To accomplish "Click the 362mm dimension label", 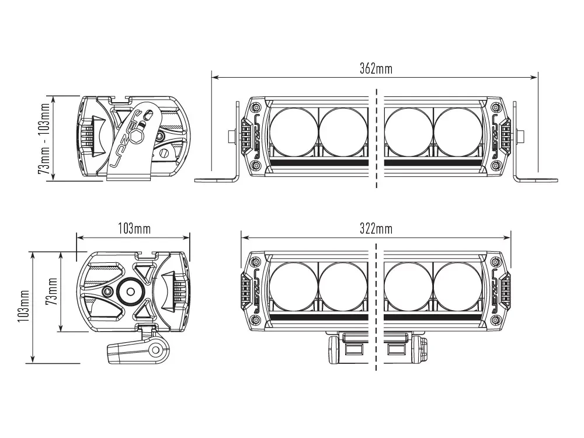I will pyautogui.click(x=376, y=69).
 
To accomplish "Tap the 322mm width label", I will pyautogui.click(x=376, y=228).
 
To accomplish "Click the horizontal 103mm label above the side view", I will pyautogui.click(x=134, y=228).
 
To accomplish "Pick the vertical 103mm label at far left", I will pyautogui.click(x=24, y=308).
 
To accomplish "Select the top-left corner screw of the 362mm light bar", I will pyautogui.click(x=255, y=107).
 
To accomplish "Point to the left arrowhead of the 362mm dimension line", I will pyautogui.click(x=214, y=77).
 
